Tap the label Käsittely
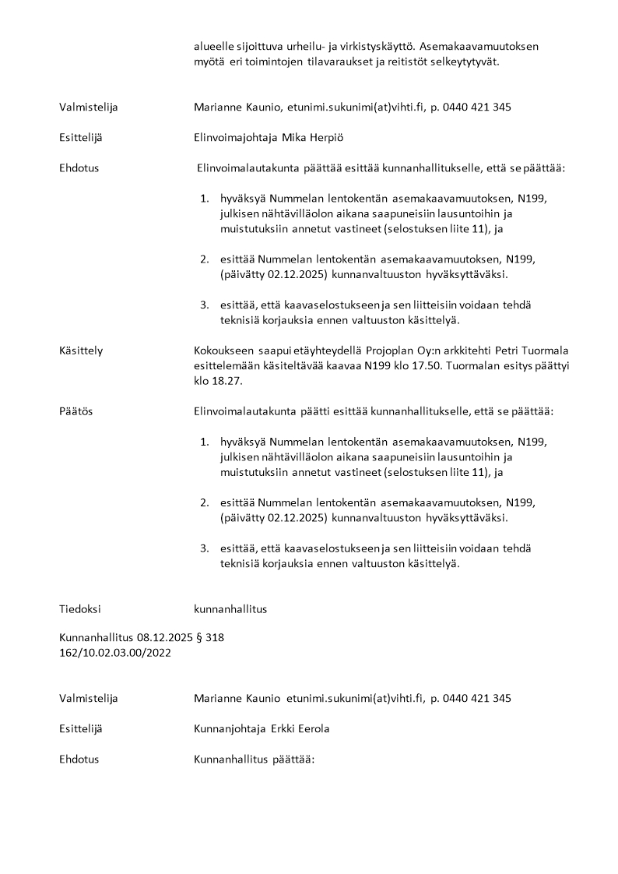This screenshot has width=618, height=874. (x=81, y=351)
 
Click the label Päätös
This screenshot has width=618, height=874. (x=75, y=411)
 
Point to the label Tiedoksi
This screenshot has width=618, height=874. (x=80, y=609)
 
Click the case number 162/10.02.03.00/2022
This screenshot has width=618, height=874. (x=115, y=653)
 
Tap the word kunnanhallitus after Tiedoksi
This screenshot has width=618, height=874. (x=230, y=609)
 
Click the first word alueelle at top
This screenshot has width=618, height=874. (x=214, y=46)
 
